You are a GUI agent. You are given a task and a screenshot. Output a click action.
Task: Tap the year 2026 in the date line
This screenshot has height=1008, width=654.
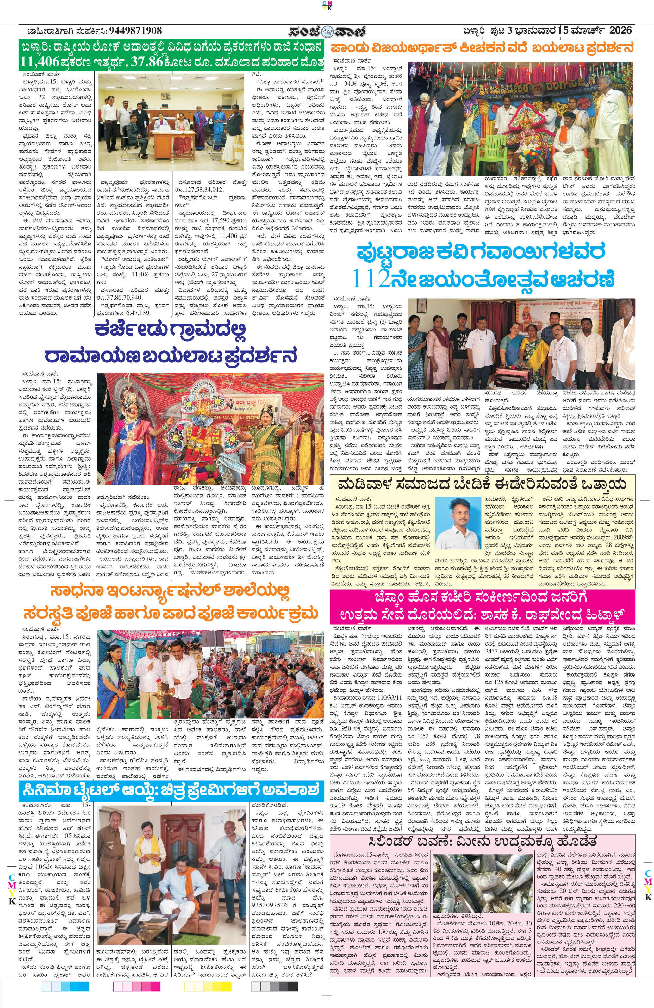620,30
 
